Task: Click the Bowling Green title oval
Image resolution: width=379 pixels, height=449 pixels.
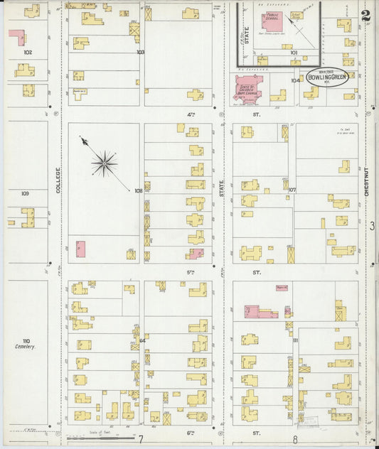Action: coord(328,77)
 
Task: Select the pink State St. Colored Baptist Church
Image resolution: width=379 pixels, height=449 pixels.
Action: coord(247,88)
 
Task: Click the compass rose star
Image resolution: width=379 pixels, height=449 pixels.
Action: coord(105,164)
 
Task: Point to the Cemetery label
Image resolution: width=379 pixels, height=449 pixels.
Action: coord(25,347)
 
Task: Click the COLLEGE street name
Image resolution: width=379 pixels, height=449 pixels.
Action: coord(58,180)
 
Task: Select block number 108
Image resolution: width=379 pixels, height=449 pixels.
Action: coord(138,190)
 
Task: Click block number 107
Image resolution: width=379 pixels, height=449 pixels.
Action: coord(292,190)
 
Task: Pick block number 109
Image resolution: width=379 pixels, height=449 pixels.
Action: coord(25,193)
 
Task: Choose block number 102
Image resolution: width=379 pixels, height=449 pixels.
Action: coord(28,53)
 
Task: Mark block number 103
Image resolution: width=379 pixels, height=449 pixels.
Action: coord(140,52)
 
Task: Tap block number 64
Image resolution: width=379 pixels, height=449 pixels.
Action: coord(142,340)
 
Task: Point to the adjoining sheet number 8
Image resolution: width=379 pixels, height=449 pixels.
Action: coord(294,440)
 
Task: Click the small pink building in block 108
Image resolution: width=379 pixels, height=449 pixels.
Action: coord(80,249)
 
